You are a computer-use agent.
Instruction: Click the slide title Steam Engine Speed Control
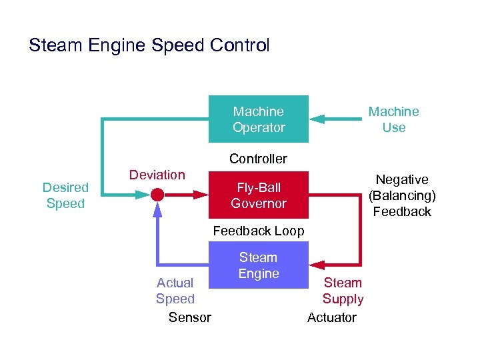coord(149,46)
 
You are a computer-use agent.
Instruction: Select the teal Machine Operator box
coord(259,119)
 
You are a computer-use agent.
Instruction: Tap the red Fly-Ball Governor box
coord(259,195)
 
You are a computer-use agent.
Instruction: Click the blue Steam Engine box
coord(259,265)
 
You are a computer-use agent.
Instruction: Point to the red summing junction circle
coord(157,195)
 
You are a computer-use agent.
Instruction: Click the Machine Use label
coord(393,119)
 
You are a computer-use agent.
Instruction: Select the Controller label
coord(258,159)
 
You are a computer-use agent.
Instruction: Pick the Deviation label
coord(157,175)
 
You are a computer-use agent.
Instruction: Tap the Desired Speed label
coord(65,195)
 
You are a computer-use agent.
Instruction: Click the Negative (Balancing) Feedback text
coord(402,195)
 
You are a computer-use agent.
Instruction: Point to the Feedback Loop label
coord(258,231)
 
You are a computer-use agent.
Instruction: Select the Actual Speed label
coord(175,291)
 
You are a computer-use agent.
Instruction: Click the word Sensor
coord(189,317)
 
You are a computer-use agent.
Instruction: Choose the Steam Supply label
coord(343,291)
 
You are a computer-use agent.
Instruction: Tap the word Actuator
coord(332,317)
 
